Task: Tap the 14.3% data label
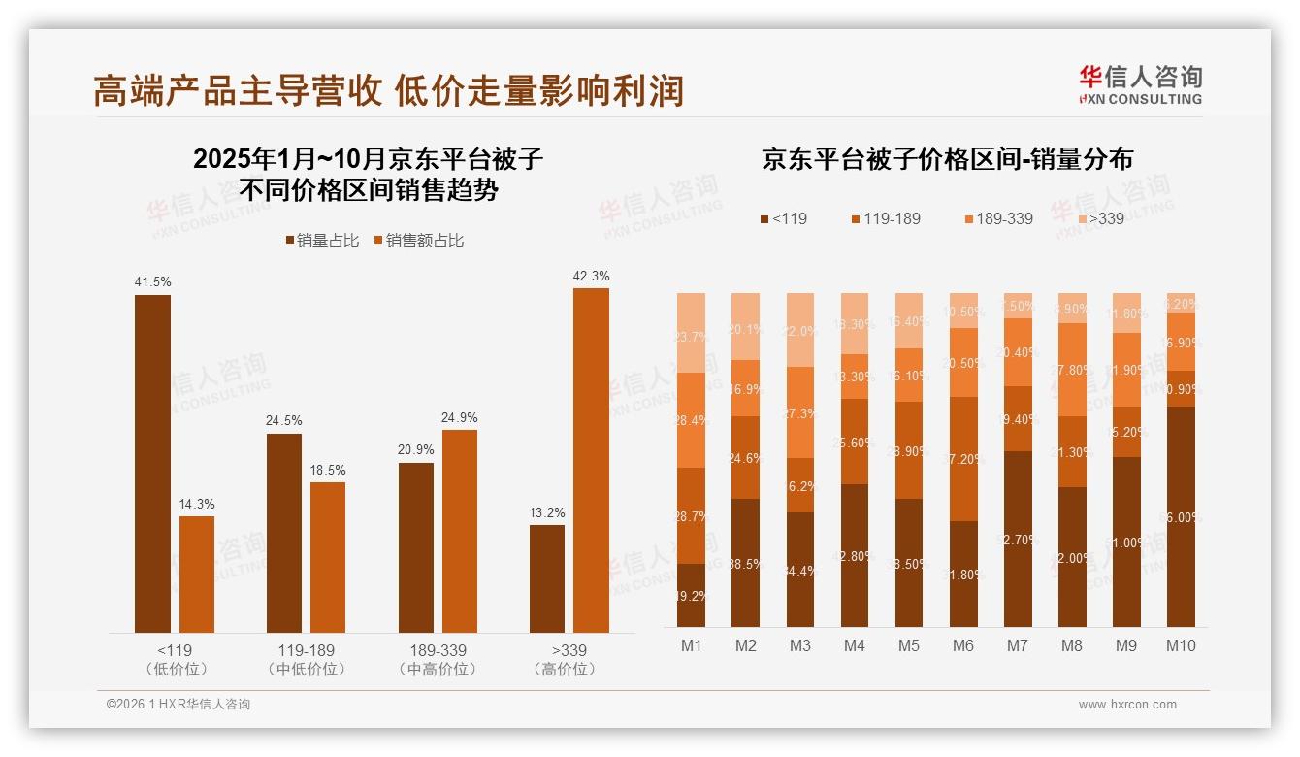click(197, 504)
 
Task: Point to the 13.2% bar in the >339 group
click(547, 578)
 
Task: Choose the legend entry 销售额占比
click(418, 241)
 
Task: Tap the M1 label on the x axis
click(691, 645)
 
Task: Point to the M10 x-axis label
click(1181, 645)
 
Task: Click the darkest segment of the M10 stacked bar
click(1181, 516)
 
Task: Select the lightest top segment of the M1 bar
click(691, 333)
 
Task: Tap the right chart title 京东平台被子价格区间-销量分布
click(947, 159)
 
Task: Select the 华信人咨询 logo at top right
click(1140, 84)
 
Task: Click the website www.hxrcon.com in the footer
click(1127, 705)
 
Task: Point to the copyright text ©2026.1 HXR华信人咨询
click(179, 705)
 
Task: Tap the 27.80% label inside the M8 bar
click(1072, 370)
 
